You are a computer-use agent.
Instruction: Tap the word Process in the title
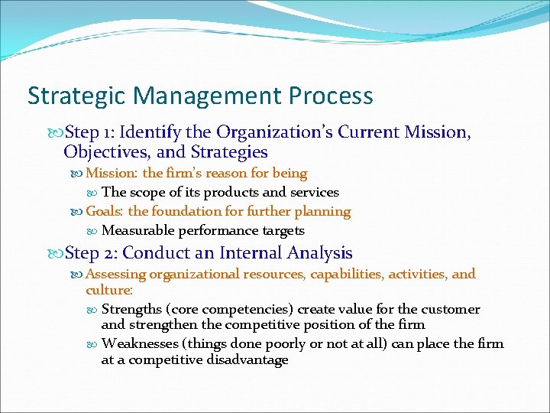pos(332,96)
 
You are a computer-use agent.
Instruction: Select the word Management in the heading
pos(200,96)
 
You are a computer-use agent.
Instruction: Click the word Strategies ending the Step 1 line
pos(229,152)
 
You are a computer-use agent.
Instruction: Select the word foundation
pos(184,211)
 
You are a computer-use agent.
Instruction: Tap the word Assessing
pos(116,274)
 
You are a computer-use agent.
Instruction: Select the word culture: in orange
pos(109,291)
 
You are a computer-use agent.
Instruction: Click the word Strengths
pos(133,310)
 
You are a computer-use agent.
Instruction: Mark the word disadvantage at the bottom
pos(247,360)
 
